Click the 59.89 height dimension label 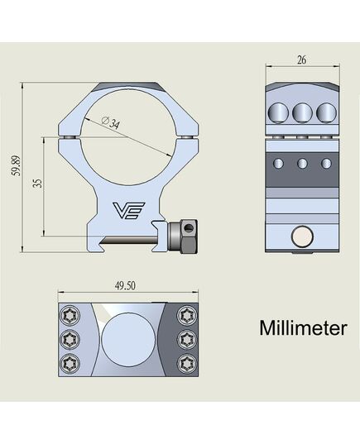click(17, 165)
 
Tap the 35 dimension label click(37, 183)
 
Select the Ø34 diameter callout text click(111, 123)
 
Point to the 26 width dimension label click(301, 60)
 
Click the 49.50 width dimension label click(125, 286)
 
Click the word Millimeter click(303, 328)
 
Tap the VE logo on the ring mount click(129, 211)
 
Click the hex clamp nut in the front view click(183, 236)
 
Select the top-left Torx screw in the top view click(70, 315)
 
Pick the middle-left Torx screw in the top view click(70, 339)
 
